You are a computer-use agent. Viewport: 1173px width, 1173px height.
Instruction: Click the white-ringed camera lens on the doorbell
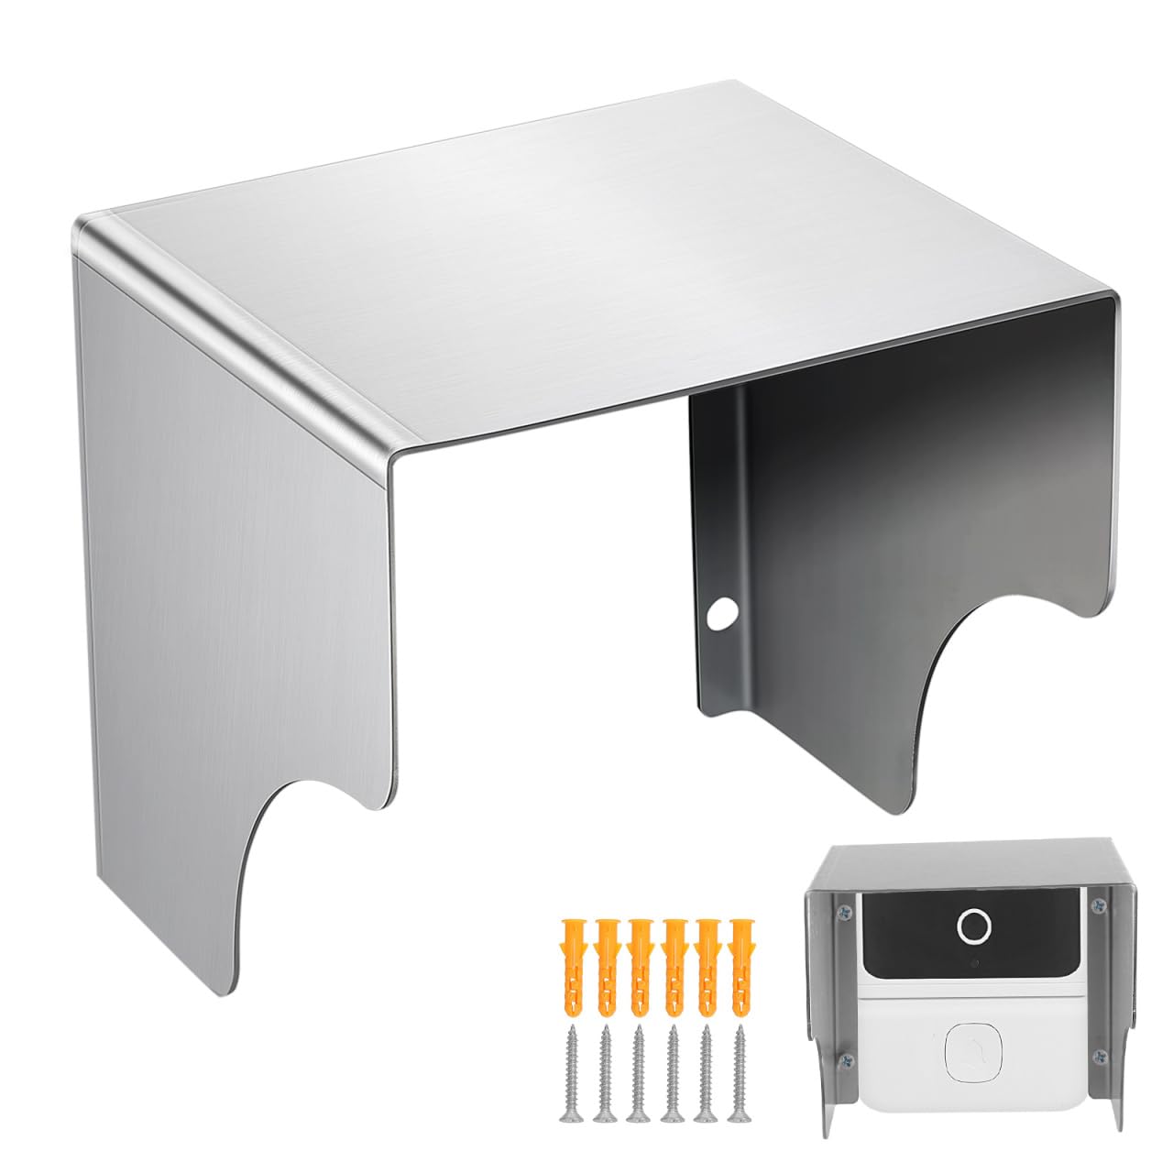pyautogui.click(x=972, y=927)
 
